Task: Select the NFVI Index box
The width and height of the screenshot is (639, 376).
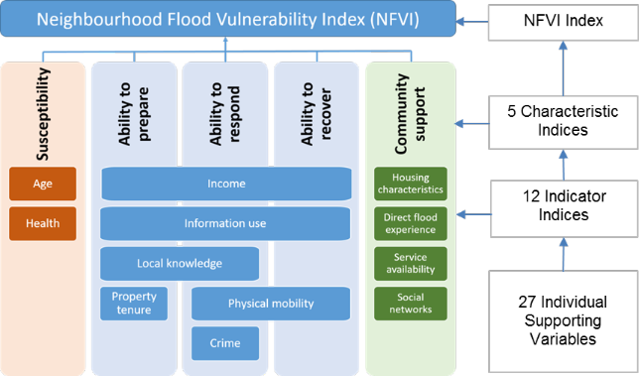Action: (x=564, y=20)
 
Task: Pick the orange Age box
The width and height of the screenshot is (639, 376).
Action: (x=43, y=184)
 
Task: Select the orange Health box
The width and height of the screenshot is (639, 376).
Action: (x=43, y=223)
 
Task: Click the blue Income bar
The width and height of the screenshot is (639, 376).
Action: (x=225, y=184)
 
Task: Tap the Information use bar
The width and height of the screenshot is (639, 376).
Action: (x=225, y=223)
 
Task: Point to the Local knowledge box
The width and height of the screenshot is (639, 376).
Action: (x=180, y=263)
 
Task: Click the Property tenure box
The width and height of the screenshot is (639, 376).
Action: (x=134, y=304)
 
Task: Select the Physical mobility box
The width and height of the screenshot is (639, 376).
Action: (x=271, y=304)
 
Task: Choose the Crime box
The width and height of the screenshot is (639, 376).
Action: (x=224, y=343)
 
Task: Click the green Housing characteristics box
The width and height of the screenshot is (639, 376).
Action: (x=410, y=183)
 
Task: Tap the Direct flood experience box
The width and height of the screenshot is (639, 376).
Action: (x=410, y=223)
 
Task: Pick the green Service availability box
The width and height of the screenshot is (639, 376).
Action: (x=410, y=263)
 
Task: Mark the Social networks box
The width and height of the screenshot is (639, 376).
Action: (x=410, y=304)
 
